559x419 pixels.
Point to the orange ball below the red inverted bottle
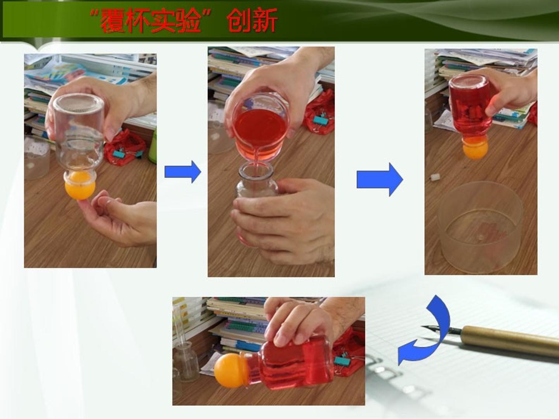coord(475,151)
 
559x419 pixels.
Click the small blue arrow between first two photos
coord(183,172)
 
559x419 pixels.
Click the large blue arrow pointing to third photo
coord(380,180)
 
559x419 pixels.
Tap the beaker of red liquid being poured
coord(260,127)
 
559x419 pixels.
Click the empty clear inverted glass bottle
coord(79,135)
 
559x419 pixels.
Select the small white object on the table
coord(434,177)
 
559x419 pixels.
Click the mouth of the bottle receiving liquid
coord(256,170)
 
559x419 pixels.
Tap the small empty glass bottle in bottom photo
coord(186,361)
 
